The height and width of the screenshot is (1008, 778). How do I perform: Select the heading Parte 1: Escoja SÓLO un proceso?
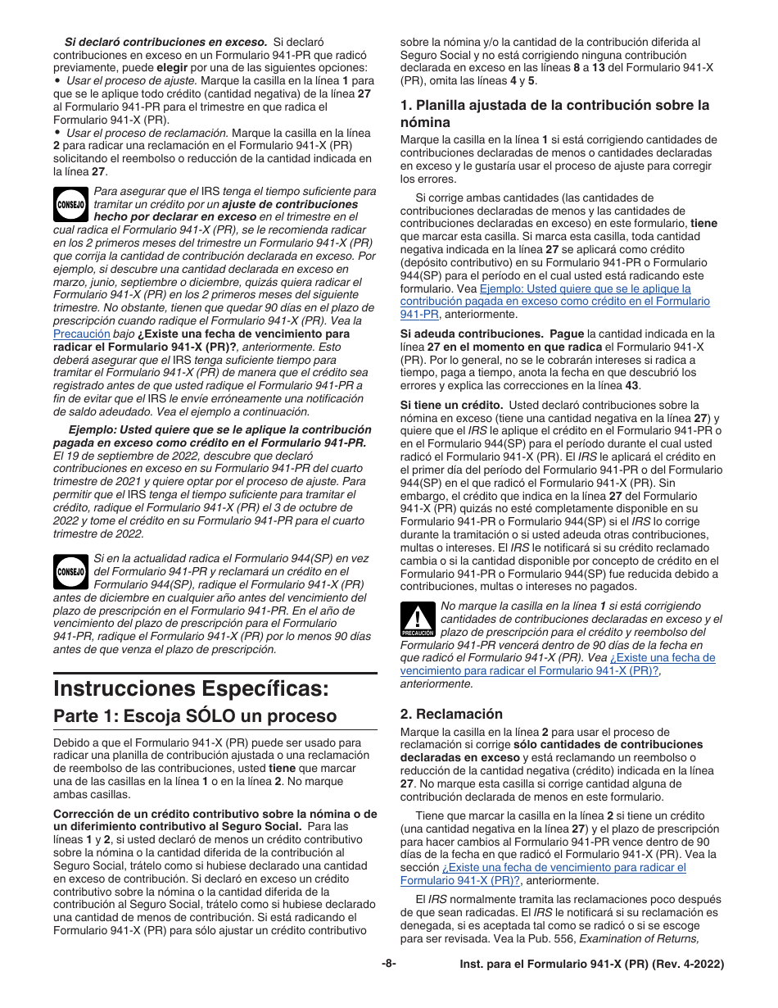[x=195, y=715]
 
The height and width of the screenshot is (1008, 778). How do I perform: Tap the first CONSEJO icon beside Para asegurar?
[x=71, y=205]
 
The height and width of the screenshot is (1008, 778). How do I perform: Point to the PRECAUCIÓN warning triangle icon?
[x=418, y=620]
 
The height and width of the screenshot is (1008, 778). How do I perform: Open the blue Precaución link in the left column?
[x=81, y=334]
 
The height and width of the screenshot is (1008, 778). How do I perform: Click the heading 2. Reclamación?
[x=451, y=714]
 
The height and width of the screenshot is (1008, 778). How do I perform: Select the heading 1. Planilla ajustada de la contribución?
[x=554, y=112]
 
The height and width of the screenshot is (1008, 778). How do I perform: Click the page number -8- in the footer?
[x=389, y=965]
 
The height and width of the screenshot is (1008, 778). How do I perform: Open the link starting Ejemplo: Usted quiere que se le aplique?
[x=585, y=289]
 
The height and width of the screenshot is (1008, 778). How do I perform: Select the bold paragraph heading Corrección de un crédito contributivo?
[x=215, y=814]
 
